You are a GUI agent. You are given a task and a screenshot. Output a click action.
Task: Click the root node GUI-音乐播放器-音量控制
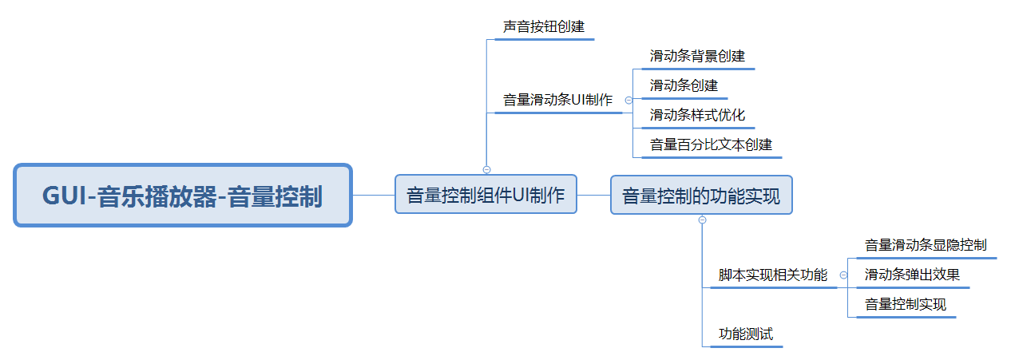tap(182, 196)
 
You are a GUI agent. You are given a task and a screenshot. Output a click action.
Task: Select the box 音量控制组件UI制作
tap(486, 195)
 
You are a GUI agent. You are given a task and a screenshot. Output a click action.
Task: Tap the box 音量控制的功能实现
tap(701, 195)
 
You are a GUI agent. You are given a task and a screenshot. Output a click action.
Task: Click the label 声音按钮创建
tap(543, 27)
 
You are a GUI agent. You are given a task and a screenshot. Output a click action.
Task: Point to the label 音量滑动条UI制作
tap(557, 101)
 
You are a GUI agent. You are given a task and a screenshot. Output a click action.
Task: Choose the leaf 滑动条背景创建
tap(697, 57)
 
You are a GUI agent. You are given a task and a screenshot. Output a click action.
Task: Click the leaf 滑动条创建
tap(684, 85)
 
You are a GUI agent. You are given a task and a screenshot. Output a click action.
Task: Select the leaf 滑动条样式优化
tap(697, 115)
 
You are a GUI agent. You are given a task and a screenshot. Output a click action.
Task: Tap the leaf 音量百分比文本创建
tap(711, 145)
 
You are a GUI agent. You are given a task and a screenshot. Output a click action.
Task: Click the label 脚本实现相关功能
tap(772, 275)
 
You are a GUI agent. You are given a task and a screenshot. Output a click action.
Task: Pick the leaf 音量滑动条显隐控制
tap(925, 245)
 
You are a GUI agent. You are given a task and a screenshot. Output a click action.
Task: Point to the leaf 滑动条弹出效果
tap(912, 275)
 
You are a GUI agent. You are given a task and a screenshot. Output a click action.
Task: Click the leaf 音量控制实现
tap(905, 304)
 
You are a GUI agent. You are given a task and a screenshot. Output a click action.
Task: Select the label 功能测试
tap(746, 334)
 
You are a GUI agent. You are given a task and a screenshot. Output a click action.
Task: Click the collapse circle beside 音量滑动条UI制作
tap(628, 101)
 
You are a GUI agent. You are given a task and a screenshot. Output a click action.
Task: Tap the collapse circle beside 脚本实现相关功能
tap(843, 275)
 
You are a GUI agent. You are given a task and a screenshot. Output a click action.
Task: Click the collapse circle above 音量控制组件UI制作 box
tap(486, 169)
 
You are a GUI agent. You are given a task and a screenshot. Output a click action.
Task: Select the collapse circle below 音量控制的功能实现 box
tap(702, 220)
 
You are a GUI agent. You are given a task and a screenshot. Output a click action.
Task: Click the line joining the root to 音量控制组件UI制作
tap(373, 195)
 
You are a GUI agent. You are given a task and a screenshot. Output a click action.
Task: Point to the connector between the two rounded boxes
tap(593, 195)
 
